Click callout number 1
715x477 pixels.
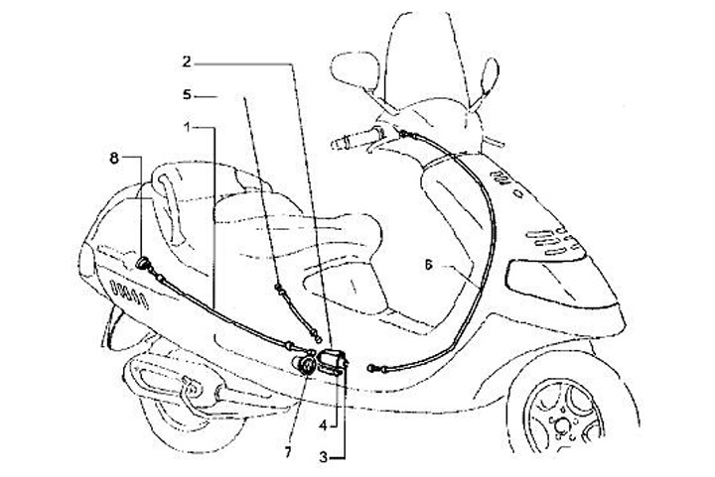click(x=189, y=127)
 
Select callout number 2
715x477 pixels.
click(x=187, y=61)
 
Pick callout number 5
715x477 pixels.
click(x=187, y=95)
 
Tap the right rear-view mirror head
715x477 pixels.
click(x=490, y=74)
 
